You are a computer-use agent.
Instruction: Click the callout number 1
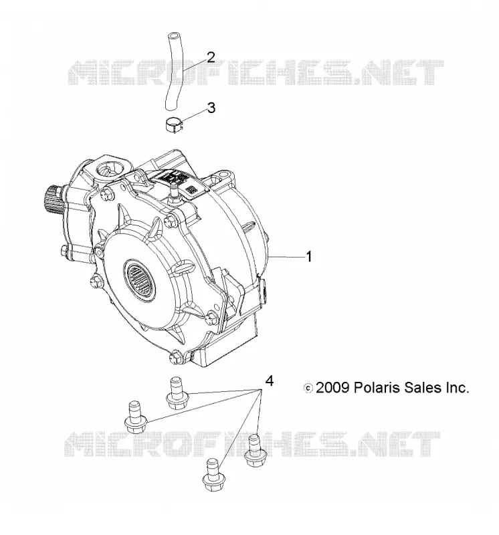[308, 257]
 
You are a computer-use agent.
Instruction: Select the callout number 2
[211, 58]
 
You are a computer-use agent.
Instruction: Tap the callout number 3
[211, 108]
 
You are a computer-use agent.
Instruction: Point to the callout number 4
[270, 381]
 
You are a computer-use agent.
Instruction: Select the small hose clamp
[173, 125]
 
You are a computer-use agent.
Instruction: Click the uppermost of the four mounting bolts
[176, 393]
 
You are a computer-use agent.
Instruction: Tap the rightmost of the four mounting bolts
[256, 451]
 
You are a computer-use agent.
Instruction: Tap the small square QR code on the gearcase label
[191, 189]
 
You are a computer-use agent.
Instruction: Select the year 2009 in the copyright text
[332, 388]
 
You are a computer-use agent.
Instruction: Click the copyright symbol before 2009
[308, 389]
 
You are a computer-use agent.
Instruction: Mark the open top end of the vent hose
[173, 35]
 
